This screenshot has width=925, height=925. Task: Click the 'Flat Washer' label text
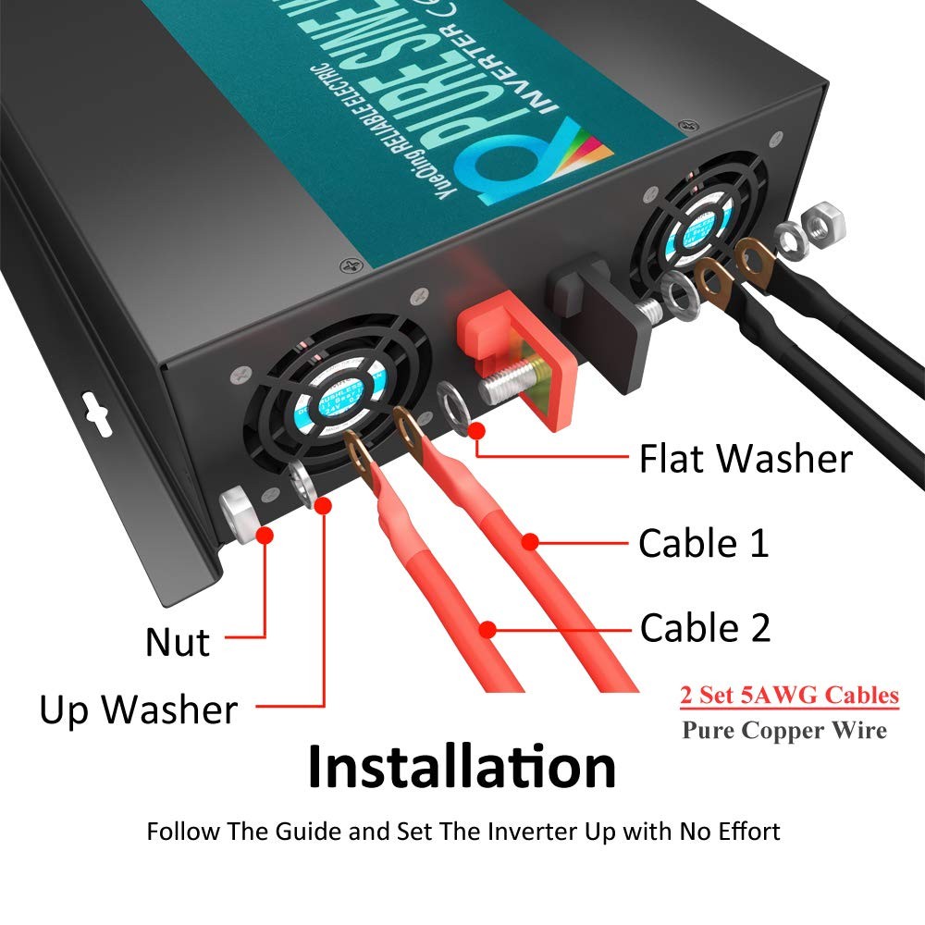pyautogui.click(x=745, y=459)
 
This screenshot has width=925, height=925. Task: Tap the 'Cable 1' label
pyautogui.click(x=703, y=543)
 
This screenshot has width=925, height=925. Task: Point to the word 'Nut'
pyautogui.click(x=178, y=642)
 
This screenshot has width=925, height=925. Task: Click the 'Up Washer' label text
pyautogui.click(x=138, y=710)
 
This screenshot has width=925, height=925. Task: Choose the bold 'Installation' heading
pyautogui.click(x=462, y=767)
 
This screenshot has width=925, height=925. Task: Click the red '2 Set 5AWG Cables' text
pyautogui.click(x=789, y=695)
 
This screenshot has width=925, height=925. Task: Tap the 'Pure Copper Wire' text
pyautogui.click(x=784, y=730)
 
